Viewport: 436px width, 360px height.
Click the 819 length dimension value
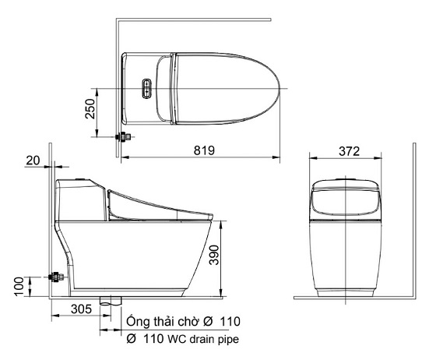coord(204,150)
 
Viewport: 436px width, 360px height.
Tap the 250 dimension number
coord(90,109)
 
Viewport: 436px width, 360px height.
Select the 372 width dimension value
coord(350,151)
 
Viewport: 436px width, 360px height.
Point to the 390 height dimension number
coord(214,255)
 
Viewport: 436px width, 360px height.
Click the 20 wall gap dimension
coord(33,161)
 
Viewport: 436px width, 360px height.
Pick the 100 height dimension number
coord(19,287)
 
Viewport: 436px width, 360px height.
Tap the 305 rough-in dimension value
coord(81,309)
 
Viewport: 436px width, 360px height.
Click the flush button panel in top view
coord(146,89)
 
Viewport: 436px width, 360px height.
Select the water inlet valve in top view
coord(123,136)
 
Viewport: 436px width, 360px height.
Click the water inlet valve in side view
coord(56,277)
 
